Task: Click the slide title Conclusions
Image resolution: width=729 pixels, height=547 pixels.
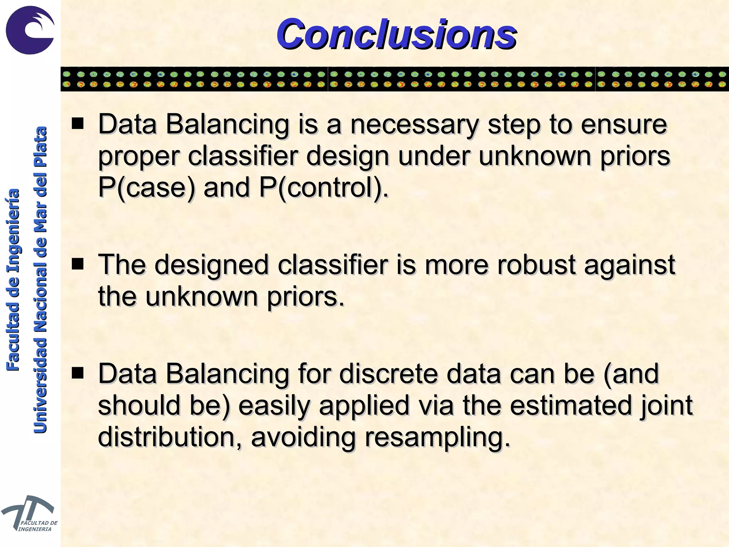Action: [396, 35]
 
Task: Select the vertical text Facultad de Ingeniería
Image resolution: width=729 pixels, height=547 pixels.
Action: [14, 280]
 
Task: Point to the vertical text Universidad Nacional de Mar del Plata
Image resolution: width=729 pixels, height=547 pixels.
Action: [40, 280]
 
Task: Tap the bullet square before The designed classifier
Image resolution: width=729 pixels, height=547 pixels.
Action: [78, 264]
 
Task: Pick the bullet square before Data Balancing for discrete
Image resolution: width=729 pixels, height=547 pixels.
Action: [78, 373]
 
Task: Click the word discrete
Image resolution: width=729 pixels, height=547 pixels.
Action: [388, 374]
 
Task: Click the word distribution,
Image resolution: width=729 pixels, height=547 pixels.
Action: [169, 437]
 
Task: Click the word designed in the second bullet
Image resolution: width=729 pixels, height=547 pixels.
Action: [211, 266]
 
